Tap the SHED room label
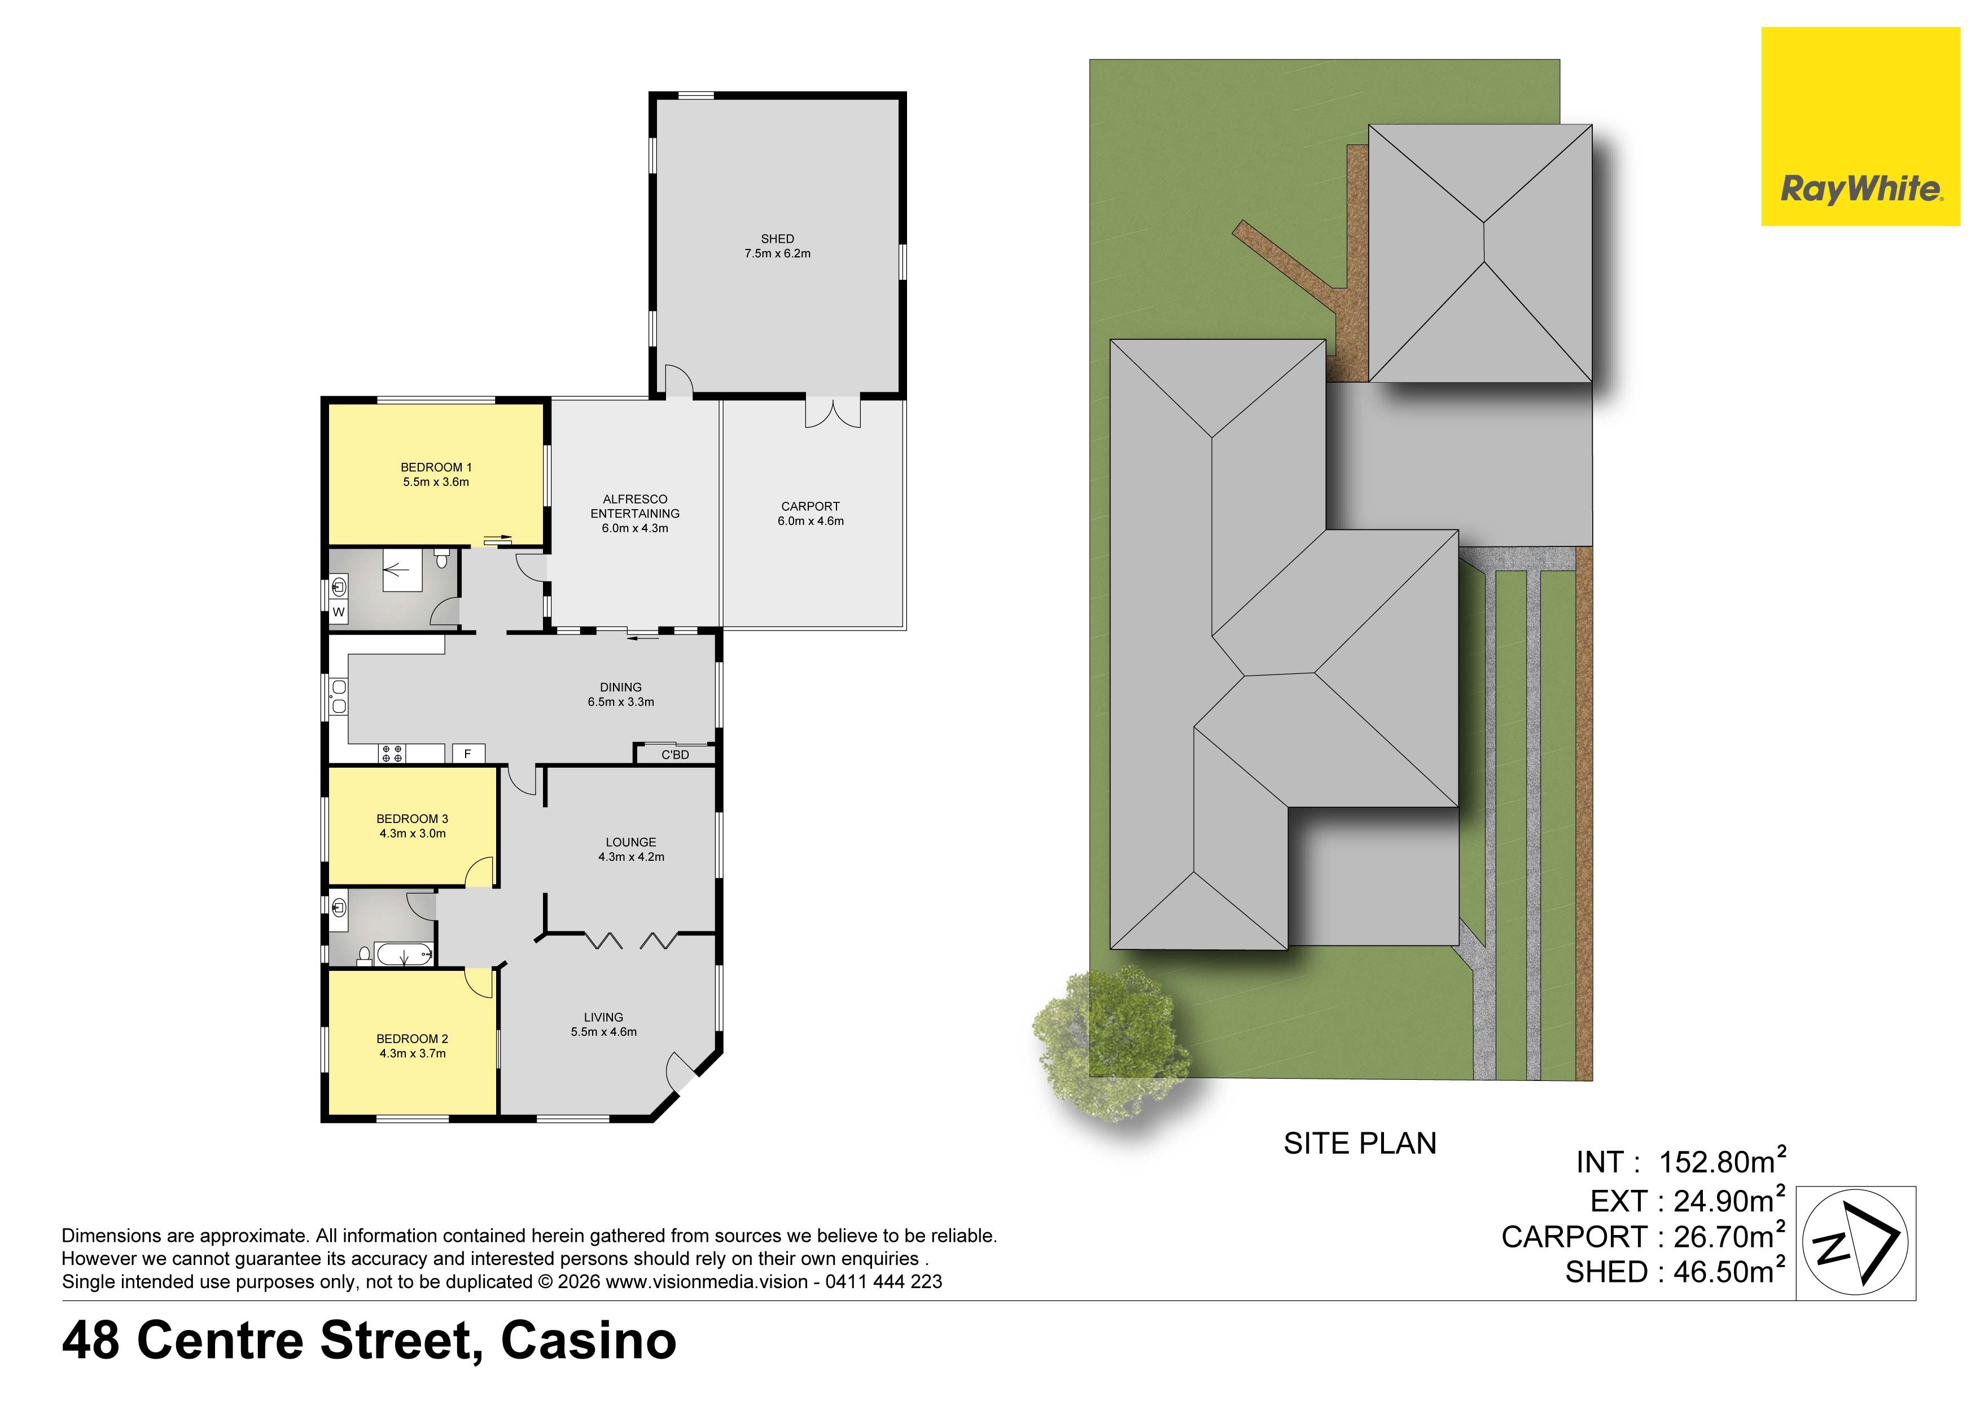click(777, 239)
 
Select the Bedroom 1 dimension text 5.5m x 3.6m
click(436, 482)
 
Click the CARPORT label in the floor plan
click(810, 506)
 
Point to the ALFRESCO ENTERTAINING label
click(635, 506)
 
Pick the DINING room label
click(620, 688)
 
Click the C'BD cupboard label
click(675, 755)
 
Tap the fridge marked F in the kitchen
click(467, 754)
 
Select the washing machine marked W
click(339, 612)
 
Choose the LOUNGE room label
click(630, 842)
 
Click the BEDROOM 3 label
click(412, 818)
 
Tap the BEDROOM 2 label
click(412, 1039)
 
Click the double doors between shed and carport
click(833, 413)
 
